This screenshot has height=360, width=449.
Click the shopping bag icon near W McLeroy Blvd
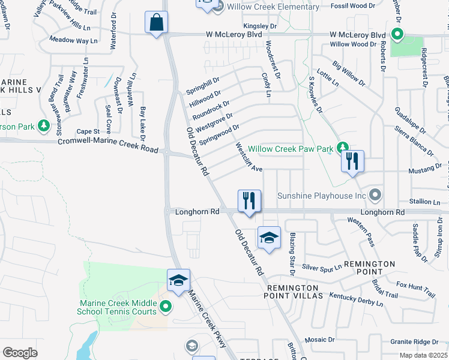click(x=157, y=23)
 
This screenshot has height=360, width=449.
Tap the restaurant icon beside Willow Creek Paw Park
click(x=352, y=161)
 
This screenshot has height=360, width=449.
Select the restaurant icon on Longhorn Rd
click(x=249, y=200)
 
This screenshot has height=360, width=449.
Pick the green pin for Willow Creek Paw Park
click(x=342, y=147)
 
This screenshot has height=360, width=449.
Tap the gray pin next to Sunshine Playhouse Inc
click(x=376, y=196)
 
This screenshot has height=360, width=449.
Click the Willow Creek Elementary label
click(x=273, y=7)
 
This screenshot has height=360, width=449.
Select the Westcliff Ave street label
click(x=249, y=157)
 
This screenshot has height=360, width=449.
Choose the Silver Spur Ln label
click(x=322, y=266)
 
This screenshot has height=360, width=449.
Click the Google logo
click(x=20, y=353)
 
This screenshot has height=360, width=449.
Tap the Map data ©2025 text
click(x=424, y=355)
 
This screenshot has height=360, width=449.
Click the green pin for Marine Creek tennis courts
click(x=166, y=308)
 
